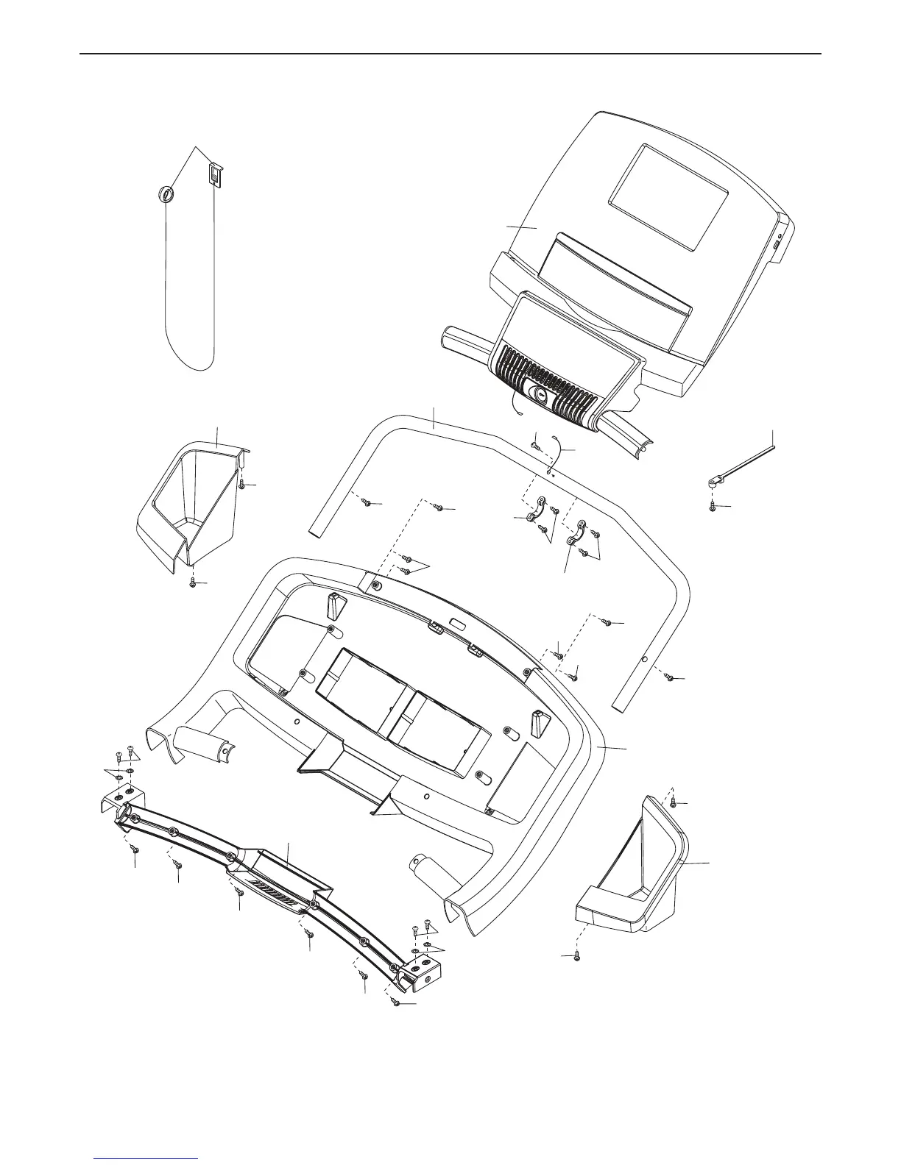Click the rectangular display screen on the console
coord(668,196)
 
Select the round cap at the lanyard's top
coord(166,194)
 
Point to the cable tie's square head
coord(713,482)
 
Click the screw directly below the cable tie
coord(713,506)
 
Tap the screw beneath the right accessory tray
coord(577,956)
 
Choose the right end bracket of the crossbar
coord(423,971)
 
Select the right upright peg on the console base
coord(538,722)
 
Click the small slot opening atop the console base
coord(457,624)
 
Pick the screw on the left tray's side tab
coord(242,484)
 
